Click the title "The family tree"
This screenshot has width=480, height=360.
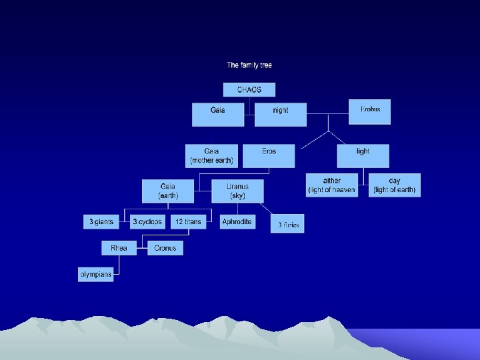click(x=249, y=65)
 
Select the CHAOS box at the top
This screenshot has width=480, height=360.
click(x=249, y=89)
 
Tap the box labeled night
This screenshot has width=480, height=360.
click(x=281, y=114)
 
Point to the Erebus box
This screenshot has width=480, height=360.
click(x=370, y=111)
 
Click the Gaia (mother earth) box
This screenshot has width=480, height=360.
click(x=211, y=155)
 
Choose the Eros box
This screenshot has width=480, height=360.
click(x=269, y=155)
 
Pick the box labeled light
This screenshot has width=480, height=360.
click(x=363, y=155)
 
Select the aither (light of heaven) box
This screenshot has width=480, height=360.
click(x=331, y=185)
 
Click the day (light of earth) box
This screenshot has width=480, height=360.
click(x=395, y=185)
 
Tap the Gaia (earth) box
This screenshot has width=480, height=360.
click(x=167, y=191)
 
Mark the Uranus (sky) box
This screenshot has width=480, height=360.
click(x=237, y=191)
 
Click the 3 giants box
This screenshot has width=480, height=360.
click(x=101, y=221)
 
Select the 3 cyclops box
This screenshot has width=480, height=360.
click(x=147, y=221)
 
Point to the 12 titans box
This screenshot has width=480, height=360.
click(x=189, y=221)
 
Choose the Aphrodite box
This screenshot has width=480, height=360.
click(x=237, y=221)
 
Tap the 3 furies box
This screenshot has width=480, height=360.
click(x=288, y=225)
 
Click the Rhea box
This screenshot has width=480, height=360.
click(x=119, y=248)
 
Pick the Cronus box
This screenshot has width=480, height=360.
click(x=165, y=248)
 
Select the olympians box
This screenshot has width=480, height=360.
click(x=96, y=274)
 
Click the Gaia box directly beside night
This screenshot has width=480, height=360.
click(x=218, y=114)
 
